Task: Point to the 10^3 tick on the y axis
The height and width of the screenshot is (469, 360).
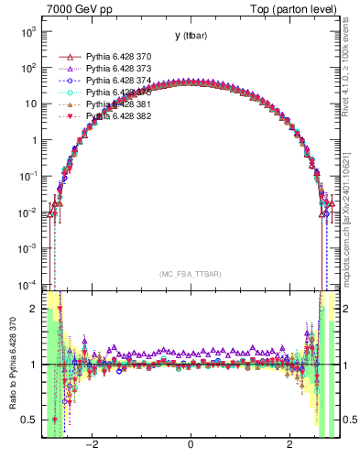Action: (27, 31)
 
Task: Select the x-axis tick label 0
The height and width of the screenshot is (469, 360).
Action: (190, 445)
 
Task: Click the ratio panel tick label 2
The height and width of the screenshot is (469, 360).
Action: (33, 310)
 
